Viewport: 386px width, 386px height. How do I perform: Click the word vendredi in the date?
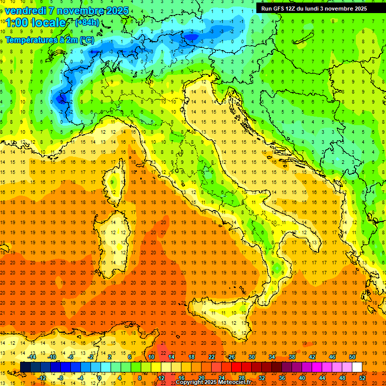click(x=26, y=11)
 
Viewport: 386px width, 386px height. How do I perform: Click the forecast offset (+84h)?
click(x=86, y=22)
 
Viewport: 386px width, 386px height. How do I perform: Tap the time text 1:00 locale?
click(x=35, y=23)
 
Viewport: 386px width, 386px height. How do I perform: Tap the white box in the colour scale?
click(x=357, y=367)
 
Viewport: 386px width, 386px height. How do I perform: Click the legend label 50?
click(x=352, y=356)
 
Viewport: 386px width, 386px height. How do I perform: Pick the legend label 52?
click(x=363, y=377)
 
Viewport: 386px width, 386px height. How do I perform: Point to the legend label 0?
click(x=100, y=377)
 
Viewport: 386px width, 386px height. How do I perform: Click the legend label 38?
click(x=292, y=356)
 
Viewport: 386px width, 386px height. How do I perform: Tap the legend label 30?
click(x=251, y=356)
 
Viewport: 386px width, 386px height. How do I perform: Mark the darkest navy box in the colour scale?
click(x=25, y=367)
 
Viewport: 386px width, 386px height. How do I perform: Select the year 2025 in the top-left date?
click(x=118, y=11)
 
